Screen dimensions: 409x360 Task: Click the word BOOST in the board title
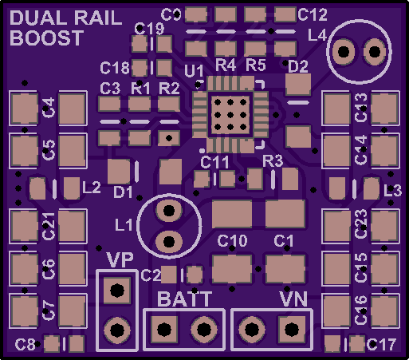coord(47,38)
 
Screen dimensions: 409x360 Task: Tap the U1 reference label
coord(195,71)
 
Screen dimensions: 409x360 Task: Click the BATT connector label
coord(185,299)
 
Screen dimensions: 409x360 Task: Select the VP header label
coord(120,259)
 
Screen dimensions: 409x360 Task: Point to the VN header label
coord(293,299)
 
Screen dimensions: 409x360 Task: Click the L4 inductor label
coord(317,35)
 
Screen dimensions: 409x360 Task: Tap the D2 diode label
coord(298,66)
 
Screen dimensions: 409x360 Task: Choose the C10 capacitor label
coord(232,241)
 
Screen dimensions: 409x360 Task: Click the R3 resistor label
coord(273,161)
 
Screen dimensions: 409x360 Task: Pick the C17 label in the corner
coord(381,345)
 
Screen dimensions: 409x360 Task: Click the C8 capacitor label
coord(26,345)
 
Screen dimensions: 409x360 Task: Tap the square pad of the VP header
coord(117,291)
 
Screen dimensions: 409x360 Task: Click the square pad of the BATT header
coord(164,330)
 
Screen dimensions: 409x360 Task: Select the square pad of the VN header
coord(292,330)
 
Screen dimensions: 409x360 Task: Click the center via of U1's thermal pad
coord(230,115)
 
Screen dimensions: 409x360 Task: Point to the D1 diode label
coord(123,192)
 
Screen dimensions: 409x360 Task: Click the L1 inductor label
coord(124,225)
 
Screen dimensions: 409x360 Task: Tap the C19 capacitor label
coord(149,29)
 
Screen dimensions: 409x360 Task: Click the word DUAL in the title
coord(40,18)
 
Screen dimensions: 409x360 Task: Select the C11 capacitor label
coord(214,162)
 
